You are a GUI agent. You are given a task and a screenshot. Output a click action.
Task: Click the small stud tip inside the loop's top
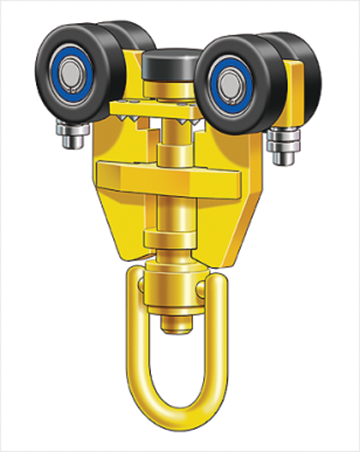tap(180, 322)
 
